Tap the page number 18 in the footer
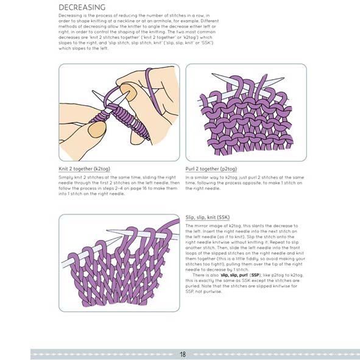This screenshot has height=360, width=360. point(183,353)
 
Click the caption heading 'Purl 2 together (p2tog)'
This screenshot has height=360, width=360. point(213,169)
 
